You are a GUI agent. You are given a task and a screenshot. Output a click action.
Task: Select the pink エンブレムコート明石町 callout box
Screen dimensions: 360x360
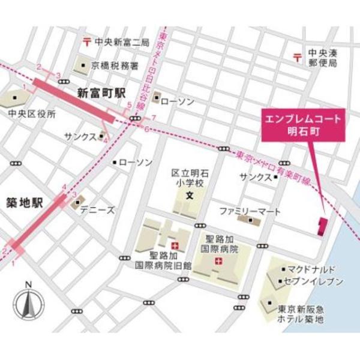(304, 125)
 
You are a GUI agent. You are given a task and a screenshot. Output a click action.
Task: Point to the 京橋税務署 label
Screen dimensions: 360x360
(115, 65)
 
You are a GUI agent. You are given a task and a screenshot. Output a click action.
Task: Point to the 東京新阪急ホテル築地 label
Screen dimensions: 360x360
(301, 314)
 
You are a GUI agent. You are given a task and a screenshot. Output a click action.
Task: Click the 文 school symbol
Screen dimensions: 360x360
(188, 196)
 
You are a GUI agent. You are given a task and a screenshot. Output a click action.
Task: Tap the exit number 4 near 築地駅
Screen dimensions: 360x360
(64, 187)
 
